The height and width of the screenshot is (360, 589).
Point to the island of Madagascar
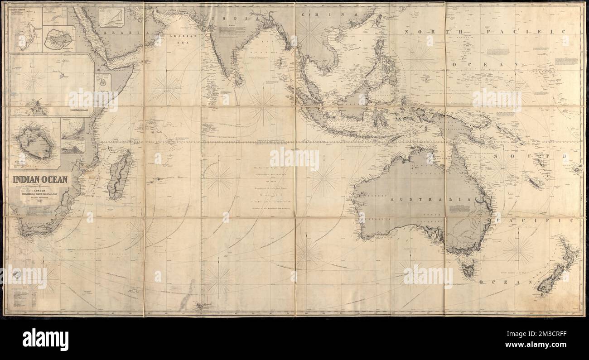click(x=120, y=174)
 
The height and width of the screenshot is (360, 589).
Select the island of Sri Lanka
click(x=237, y=80)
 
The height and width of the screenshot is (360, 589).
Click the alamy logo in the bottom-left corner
click(x=45, y=340)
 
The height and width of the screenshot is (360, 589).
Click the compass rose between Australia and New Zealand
click(x=518, y=250)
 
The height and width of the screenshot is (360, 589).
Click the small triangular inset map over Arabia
click(x=111, y=17)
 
